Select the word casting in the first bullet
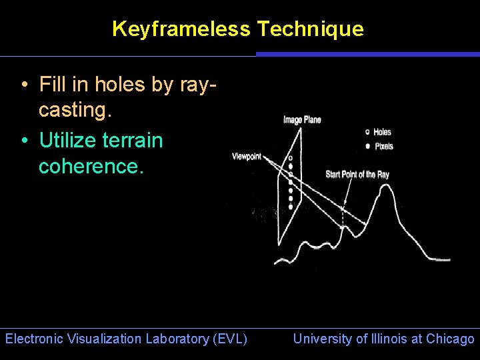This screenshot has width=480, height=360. pos(72,110)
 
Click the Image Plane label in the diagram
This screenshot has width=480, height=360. pos(302,120)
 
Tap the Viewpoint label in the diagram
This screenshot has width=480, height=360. pos(247,157)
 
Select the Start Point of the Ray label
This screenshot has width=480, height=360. pos(357,175)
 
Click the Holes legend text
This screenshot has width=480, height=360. pos(383,132)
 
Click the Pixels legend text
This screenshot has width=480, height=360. pos(384,146)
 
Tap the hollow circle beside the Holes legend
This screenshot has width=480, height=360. pos(368,132)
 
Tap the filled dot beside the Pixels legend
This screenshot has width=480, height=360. pos(368,146)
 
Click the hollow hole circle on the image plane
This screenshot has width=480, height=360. pos(290,159)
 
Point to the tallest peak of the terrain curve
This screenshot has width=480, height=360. pos(385,186)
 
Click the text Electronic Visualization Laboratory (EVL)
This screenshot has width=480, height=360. pos(126,339)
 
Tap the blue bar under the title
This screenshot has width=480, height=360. pos(367,54)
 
